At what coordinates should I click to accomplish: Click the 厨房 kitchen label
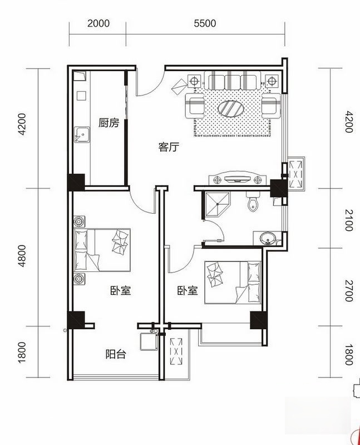click(x=109, y=123)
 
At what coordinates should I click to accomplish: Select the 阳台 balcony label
click(x=116, y=354)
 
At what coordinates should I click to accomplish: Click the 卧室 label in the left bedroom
click(x=120, y=290)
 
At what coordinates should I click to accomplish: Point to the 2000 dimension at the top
click(x=98, y=23)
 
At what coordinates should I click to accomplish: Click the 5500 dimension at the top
click(x=205, y=23)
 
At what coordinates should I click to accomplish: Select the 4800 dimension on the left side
click(x=22, y=256)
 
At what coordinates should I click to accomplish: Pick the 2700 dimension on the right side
click(x=348, y=291)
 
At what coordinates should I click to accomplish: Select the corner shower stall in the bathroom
click(x=215, y=205)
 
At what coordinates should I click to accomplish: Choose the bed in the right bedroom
click(x=233, y=283)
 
